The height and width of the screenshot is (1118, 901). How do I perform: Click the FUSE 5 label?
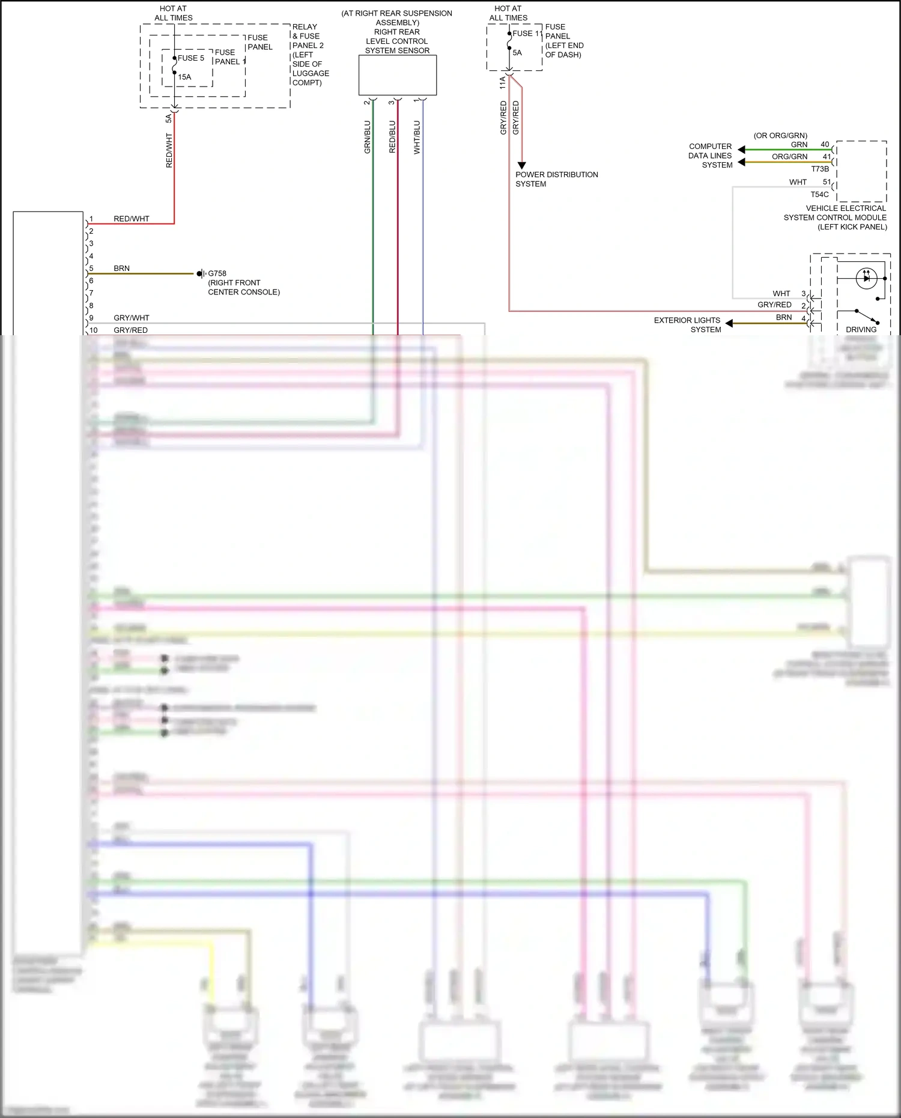[x=191, y=58]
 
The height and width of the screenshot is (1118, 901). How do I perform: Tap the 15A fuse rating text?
[x=184, y=77]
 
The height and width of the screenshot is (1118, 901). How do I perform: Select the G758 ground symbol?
[x=201, y=274]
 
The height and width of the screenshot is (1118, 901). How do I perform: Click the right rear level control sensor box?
[x=398, y=75]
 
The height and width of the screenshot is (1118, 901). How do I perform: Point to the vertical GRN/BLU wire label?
[x=368, y=137]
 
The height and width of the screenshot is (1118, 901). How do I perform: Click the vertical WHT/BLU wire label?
[x=417, y=137]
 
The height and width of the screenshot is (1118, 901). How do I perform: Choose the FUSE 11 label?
[x=527, y=34]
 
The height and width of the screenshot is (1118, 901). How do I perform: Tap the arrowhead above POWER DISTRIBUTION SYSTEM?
[x=521, y=165]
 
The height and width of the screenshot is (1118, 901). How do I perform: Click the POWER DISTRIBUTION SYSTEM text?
[x=556, y=179]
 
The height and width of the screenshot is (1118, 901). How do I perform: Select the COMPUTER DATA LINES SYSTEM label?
[x=711, y=156]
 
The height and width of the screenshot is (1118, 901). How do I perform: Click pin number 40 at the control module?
[x=825, y=145]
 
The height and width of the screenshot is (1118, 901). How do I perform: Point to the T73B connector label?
[x=820, y=169]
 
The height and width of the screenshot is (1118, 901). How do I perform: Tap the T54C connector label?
[x=819, y=195]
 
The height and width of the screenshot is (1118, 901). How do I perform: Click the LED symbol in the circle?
[x=866, y=278]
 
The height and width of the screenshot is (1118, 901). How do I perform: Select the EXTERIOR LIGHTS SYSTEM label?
[x=687, y=325]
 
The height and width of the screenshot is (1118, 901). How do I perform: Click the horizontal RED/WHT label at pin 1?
[x=132, y=219]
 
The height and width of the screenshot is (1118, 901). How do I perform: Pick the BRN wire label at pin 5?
[x=121, y=269]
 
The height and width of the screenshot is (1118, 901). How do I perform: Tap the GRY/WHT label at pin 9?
[x=132, y=318]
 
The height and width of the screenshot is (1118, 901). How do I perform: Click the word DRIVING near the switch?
[x=861, y=330]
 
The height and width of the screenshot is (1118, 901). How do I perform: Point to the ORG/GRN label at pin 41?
[x=789, y=157]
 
